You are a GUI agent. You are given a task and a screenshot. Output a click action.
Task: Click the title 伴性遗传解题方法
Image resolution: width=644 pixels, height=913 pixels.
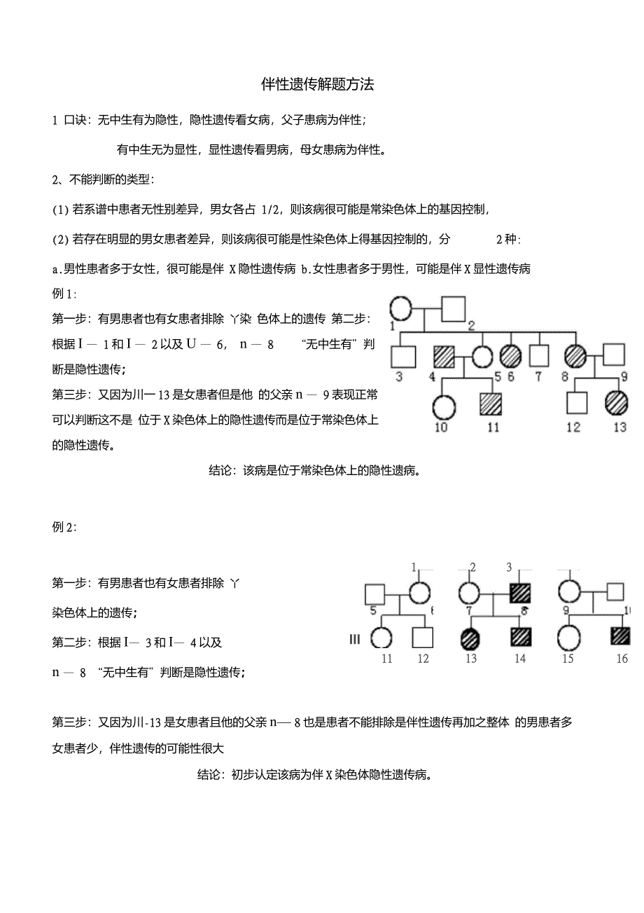pos(318,85)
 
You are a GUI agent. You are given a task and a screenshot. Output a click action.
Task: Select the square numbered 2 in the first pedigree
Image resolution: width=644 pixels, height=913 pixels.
pos(453,308)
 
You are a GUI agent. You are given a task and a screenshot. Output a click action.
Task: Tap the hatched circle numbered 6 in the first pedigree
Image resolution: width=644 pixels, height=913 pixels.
pos(510,356)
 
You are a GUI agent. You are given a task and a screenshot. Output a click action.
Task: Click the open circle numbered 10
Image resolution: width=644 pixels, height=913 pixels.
pos(444,406)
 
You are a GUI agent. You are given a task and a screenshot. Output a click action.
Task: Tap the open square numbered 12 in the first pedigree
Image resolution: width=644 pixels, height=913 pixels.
pos(575,404)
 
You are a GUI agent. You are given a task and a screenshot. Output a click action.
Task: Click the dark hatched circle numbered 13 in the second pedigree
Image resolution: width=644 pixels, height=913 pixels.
pos(471,637)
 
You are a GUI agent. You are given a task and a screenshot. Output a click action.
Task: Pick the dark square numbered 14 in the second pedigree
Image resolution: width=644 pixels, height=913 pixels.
pos(520,637)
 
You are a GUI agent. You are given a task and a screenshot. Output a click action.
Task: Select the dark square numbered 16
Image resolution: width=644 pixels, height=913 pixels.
pos(620,637)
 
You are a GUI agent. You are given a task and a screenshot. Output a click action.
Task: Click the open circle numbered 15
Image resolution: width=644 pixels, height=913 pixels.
pos(568,638)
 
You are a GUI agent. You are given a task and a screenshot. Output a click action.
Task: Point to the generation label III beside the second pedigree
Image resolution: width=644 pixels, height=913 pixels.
pos(355,638)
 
